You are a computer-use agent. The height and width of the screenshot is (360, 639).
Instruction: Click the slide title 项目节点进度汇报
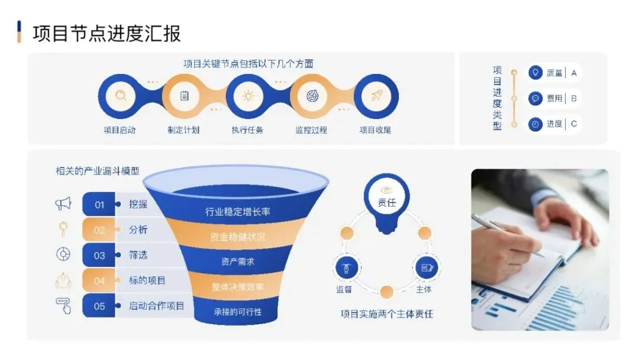coord(106,33)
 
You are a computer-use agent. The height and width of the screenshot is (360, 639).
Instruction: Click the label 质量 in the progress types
coord(554,73)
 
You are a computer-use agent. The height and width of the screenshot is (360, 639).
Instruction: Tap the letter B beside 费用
coord(573,99)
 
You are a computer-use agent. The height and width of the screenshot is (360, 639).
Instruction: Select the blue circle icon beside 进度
coord(535,124)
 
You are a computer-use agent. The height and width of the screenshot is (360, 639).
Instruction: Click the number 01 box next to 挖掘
coord(99,205)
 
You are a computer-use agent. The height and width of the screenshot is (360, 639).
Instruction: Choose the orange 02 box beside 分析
coord(99,230)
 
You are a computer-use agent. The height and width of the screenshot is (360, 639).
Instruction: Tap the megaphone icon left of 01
coord(63,204)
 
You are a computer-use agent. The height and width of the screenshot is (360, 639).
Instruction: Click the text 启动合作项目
coord(157,306)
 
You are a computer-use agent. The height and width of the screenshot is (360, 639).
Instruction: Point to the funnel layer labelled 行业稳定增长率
coord(238,211)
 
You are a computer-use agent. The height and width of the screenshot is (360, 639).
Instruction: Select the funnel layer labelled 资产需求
coord(238,262)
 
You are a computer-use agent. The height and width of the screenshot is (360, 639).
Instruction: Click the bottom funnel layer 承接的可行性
coord(238,311)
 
